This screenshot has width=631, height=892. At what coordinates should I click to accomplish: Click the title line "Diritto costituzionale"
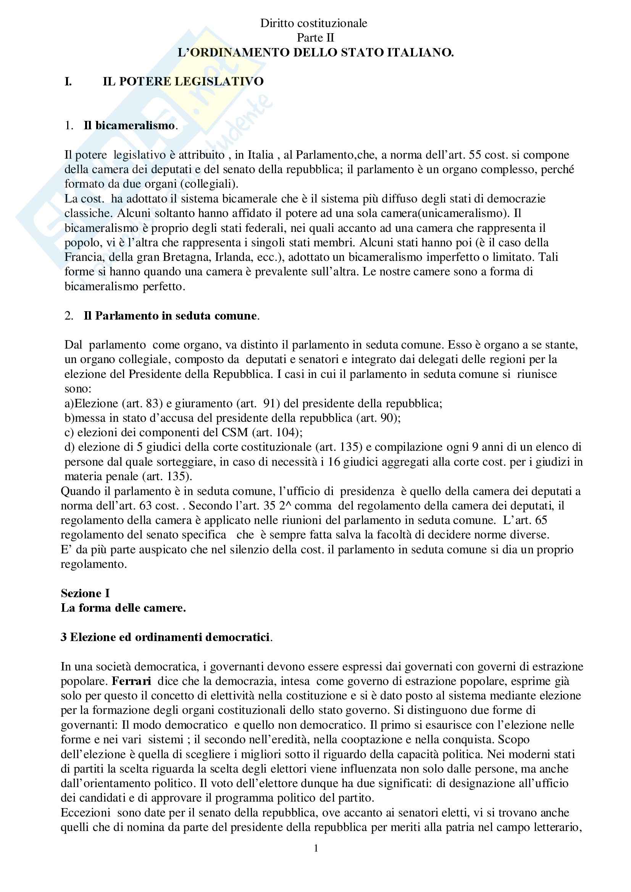(313, 23)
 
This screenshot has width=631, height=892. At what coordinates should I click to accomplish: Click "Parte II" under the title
(315, 38)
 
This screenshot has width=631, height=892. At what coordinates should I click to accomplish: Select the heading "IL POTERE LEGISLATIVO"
(183, 82)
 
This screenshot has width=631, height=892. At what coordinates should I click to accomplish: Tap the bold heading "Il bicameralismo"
(129, 125)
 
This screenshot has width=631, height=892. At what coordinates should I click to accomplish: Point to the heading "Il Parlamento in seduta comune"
(170, 315)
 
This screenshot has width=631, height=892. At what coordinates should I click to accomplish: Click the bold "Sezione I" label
(85, 593)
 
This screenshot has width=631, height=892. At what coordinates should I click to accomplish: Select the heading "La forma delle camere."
(123, 608)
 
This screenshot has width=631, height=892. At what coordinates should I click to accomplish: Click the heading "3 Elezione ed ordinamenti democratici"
(165, 637)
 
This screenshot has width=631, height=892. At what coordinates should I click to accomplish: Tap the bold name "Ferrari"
(131, 681)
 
